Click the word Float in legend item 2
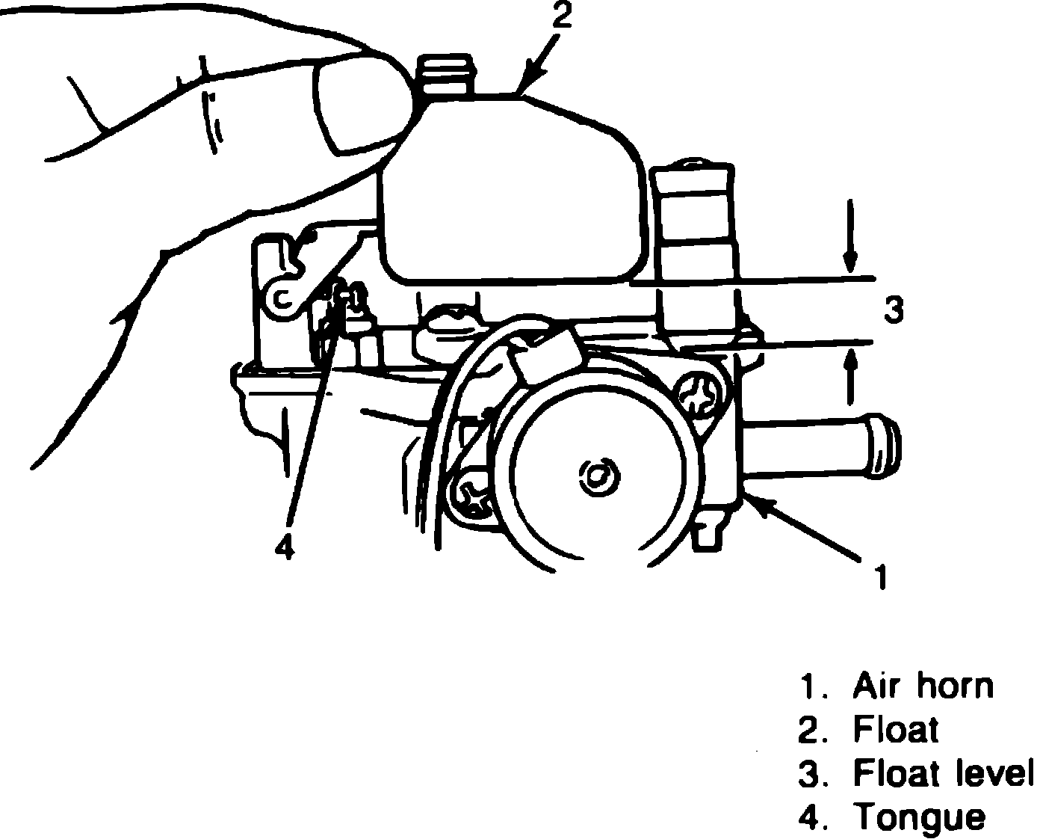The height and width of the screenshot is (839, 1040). (x=895, y=730)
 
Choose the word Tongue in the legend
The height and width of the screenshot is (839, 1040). (x=919, y=816)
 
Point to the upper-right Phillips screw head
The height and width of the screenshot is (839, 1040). (x=700, y=396)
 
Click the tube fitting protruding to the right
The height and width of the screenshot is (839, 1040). (x=822, y=446)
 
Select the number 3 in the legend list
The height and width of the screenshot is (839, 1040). (x=808, y=774)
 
